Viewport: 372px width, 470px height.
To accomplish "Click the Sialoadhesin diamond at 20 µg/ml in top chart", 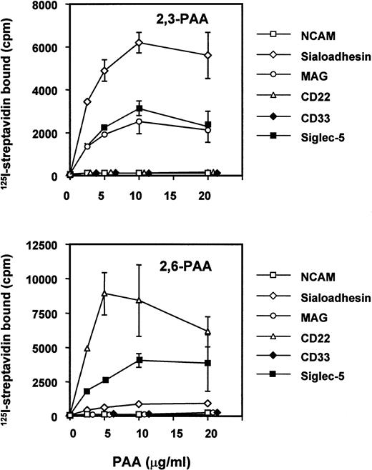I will (x=209, y=55).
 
